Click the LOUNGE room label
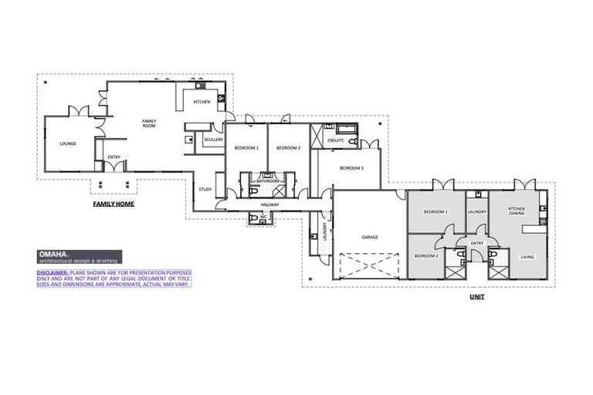tap(67, 143)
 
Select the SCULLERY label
tap(213, 140)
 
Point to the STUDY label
tap(205, 189)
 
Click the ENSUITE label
tap(334, 141)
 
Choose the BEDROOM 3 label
tap(351, 167)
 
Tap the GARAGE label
tap(369, 237)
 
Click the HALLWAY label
tap(269, 204)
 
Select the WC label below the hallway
tap(263, 217)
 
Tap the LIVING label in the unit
tap(527, 257)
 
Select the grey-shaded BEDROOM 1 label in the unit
tap(436, 211)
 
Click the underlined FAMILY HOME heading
tap(114, 205)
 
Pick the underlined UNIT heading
tap(476, 296)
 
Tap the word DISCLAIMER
tap(53, 272)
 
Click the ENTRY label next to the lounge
tap(114, 157)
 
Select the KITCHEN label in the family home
tap(202, 102)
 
